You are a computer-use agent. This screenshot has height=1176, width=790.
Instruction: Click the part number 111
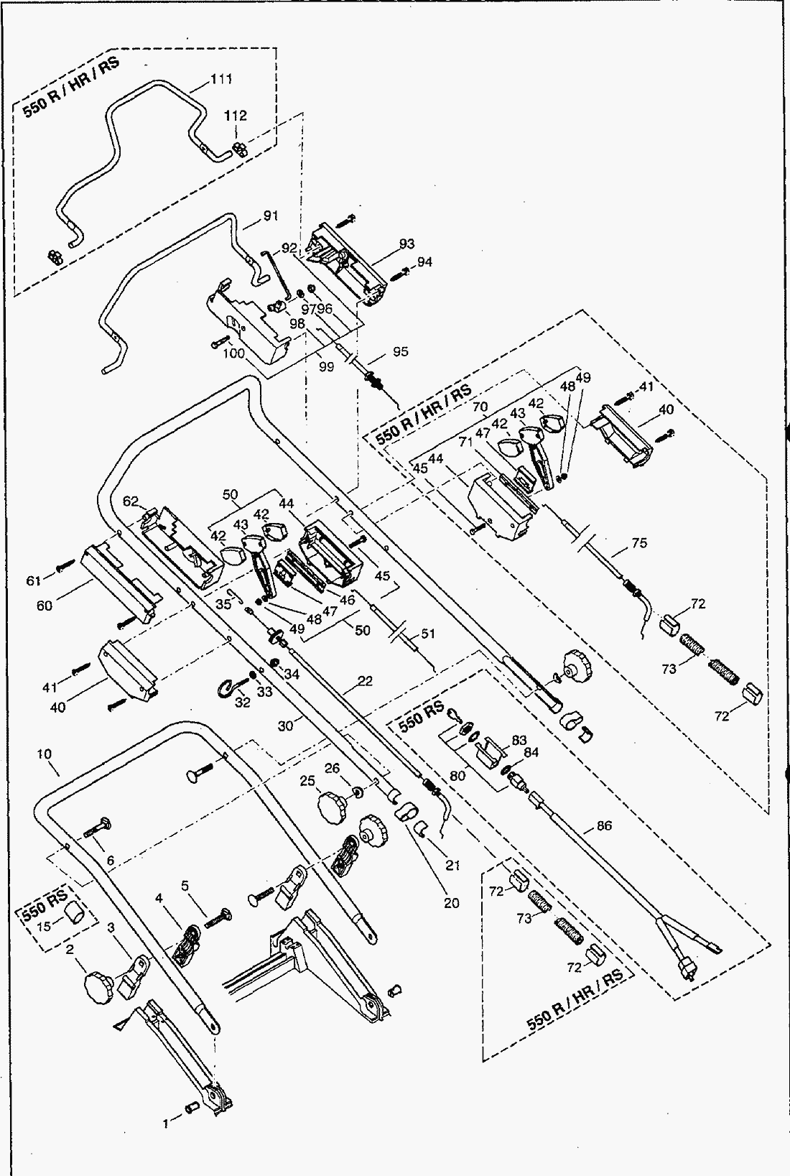pos(221,79)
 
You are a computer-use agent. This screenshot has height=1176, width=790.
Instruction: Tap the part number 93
pos(406,244)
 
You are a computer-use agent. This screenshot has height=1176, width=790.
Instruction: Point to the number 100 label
pos(233,353)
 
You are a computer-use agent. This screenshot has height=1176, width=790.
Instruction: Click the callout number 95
pos(400,351)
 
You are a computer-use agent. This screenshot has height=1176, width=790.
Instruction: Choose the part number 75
pos(638,543)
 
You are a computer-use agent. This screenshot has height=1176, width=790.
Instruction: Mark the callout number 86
pos(604,826)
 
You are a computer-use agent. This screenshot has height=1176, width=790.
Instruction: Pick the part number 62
pos(130,501)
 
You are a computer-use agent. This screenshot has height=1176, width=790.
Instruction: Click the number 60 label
pos(45,605)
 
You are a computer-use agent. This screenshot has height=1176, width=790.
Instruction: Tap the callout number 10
pos(45,754)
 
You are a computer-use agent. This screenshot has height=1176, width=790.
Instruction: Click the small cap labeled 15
pos(74,913)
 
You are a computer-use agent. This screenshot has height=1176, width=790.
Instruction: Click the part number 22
pos(365,681)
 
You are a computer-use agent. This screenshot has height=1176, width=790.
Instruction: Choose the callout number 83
pos(519,741)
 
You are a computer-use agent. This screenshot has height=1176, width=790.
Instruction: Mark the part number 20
pos(450,903)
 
